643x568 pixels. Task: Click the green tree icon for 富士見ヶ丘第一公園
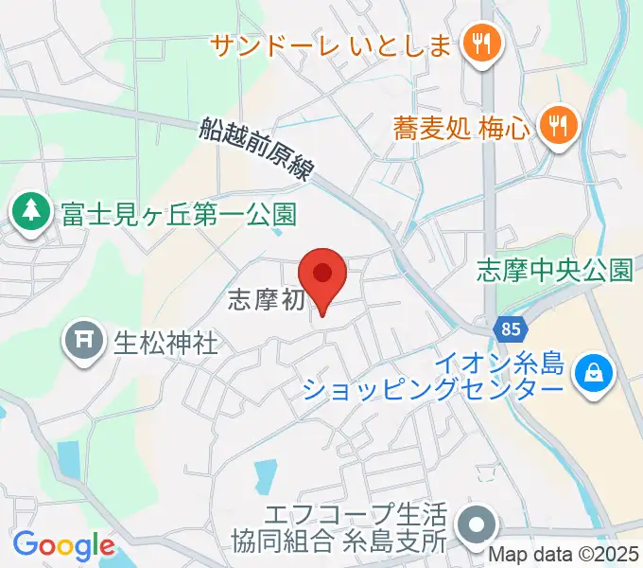coord(31,212)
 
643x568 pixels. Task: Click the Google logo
coord(63,545)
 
